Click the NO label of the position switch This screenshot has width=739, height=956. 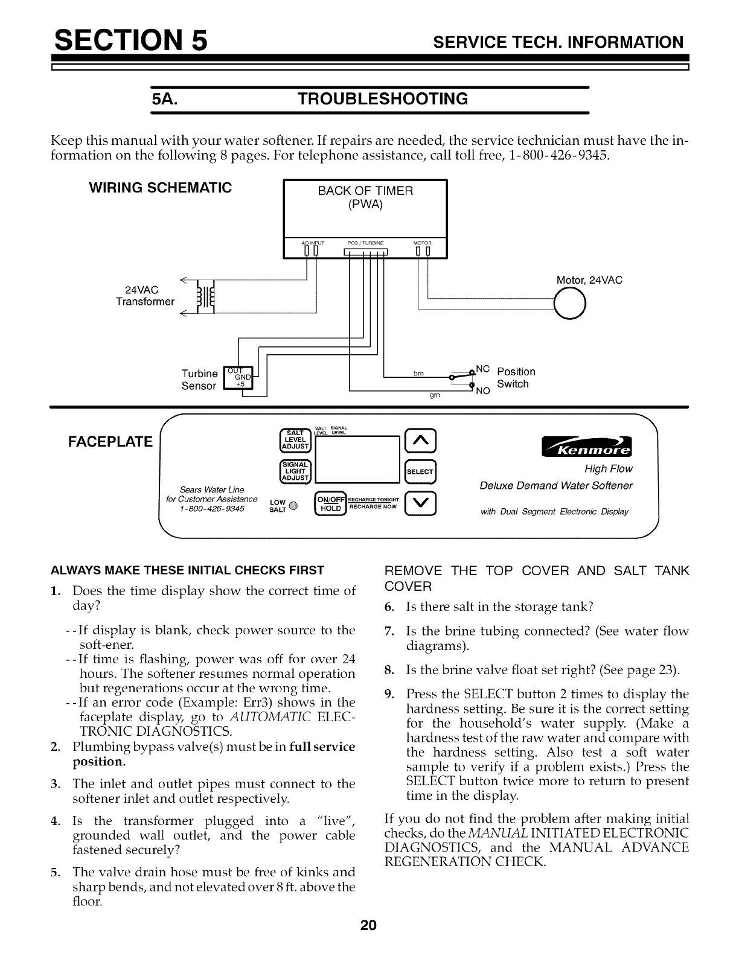click(x=482, y=390)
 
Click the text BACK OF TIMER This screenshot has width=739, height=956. click(x=365, y=191)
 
